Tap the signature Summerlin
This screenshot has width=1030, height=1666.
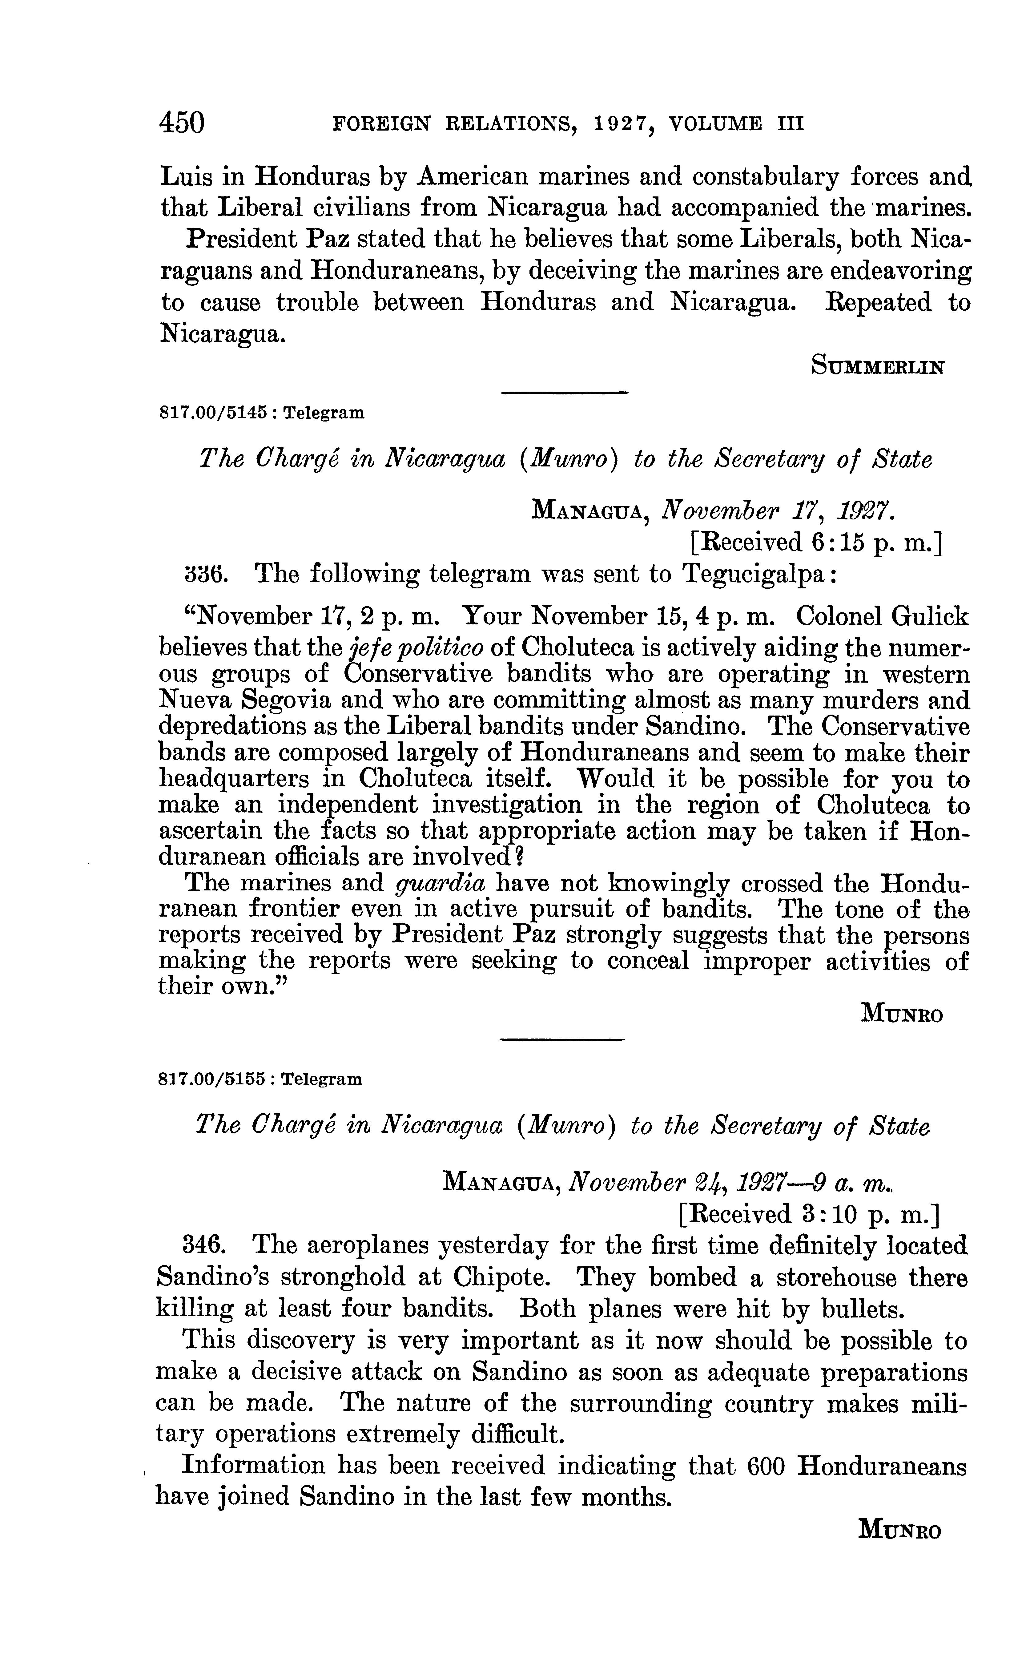pyautogui.click(x=877, y=367)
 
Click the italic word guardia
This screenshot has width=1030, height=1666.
pyautogui.click(x=441, y=884)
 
